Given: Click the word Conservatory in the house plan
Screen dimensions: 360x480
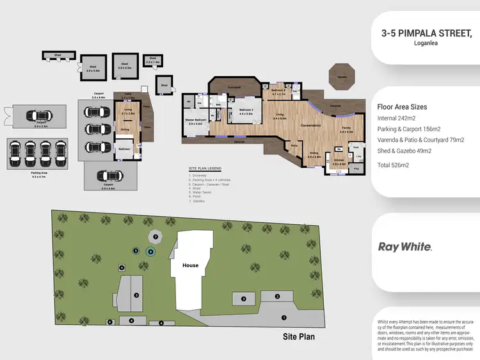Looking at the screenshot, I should tap(310, 126).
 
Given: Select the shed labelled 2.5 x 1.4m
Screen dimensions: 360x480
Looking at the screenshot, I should tap(152, 61).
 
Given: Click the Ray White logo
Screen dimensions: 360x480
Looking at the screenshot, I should tap(404, 247).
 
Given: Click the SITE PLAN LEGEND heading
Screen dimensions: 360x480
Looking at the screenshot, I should tap(205, 168).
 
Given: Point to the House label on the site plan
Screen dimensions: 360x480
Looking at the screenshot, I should tap(190, 265).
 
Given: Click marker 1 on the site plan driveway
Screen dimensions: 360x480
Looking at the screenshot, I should tap(284, 316).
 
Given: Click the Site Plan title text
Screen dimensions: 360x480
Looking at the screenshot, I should tap(299, 336).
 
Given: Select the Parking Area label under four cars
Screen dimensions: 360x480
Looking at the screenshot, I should tap(40, 172).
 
